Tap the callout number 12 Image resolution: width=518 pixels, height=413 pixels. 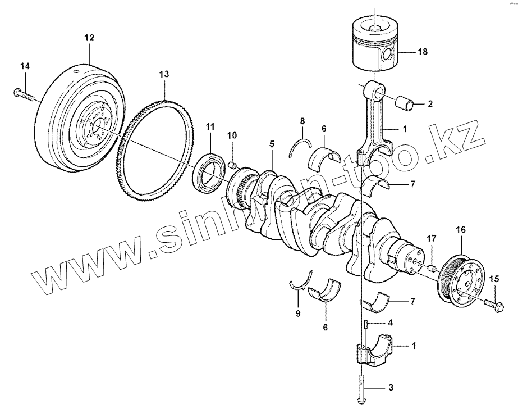(x=89, y=38)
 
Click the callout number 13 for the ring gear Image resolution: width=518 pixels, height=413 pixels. (x=163, y=74)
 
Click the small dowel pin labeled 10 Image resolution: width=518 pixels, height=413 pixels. (x=231, y=164)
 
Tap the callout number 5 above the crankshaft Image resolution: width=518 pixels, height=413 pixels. (x=272, y=144)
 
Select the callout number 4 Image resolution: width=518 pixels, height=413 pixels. (x=391, y=323)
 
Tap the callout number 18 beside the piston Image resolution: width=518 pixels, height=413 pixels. (x=423, y=52)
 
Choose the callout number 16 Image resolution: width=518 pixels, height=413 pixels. (x=460, y=229)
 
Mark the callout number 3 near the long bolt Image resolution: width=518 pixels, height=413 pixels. (x=391, y=388)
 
